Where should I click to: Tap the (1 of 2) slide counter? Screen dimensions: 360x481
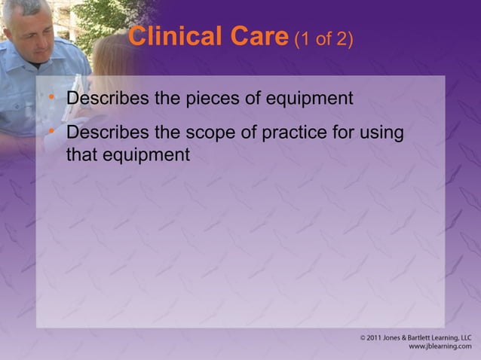click(323, 38)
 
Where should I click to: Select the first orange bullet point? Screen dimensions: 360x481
click(51, 97)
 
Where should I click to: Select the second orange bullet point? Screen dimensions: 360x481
click(51, 131)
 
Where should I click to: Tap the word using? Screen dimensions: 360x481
click(381, 134)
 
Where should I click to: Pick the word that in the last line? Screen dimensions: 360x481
click(81, 156)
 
